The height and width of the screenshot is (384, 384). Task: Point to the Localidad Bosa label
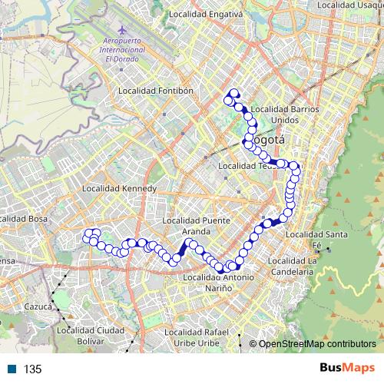pyautogui.click(x=23, y=219)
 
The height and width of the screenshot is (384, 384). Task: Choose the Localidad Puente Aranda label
pyautogui.click(x=197, y=226)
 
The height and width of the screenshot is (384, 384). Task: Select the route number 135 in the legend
pyautogui.click(x=32, y=369)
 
